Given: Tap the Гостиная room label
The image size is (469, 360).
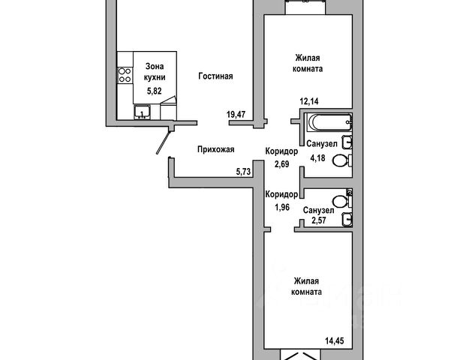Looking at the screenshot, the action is click(x=216, y=76).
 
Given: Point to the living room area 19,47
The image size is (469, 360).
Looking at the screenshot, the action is click(x=236, y=114).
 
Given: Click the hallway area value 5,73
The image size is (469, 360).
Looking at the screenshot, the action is click(x=243, y=172).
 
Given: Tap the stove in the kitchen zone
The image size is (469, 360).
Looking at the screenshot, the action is click(x=123, y=76).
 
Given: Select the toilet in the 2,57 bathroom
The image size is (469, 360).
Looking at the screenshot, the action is click(x=343, y=199).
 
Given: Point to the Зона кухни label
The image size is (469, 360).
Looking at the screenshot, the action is click(x=155, y=70).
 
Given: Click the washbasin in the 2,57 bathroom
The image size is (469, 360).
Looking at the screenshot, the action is click(x=346, y=218).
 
